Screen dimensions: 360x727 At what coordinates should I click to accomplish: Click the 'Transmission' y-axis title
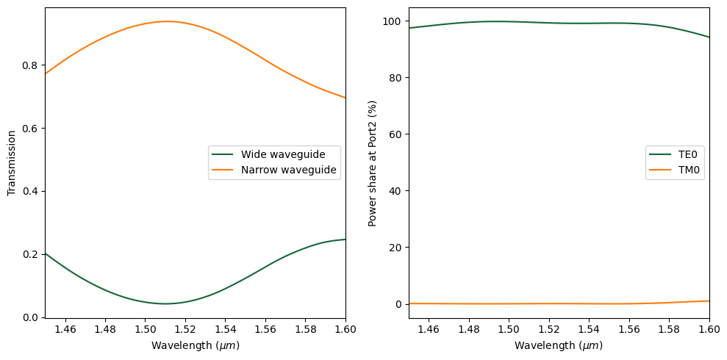click(12, 163)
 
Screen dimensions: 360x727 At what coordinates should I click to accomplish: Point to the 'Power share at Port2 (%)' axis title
click(373, 163)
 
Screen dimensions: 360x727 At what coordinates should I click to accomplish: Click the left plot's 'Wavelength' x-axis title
click(195, 345)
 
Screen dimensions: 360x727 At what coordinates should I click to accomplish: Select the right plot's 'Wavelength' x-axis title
click(559, 345)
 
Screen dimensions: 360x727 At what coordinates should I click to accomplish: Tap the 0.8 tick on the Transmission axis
click(31, 65)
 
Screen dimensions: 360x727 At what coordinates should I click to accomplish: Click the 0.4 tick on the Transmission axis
click(31, 191)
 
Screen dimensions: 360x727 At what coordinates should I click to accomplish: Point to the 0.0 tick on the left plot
click(31, 317)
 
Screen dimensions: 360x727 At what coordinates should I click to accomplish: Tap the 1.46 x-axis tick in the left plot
click(65, 329)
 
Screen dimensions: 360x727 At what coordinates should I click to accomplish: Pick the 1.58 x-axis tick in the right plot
click(669, 329)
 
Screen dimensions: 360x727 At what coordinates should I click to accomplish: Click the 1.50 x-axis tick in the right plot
click(509, 329)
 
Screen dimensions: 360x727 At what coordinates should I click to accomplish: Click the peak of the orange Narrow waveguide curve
click(166, 21)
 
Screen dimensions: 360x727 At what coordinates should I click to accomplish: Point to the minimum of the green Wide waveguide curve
click(166, 303)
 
